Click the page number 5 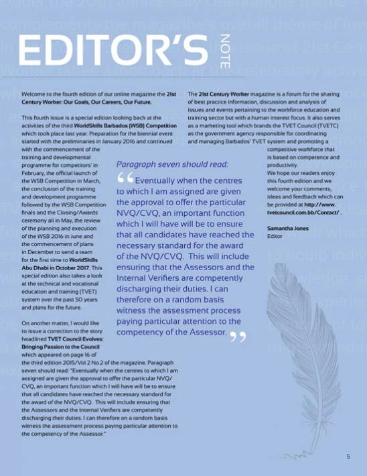click(348, 457)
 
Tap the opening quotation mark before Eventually click(125, 178)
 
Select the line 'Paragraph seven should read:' click(172, 164)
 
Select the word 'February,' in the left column click(38, 172)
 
